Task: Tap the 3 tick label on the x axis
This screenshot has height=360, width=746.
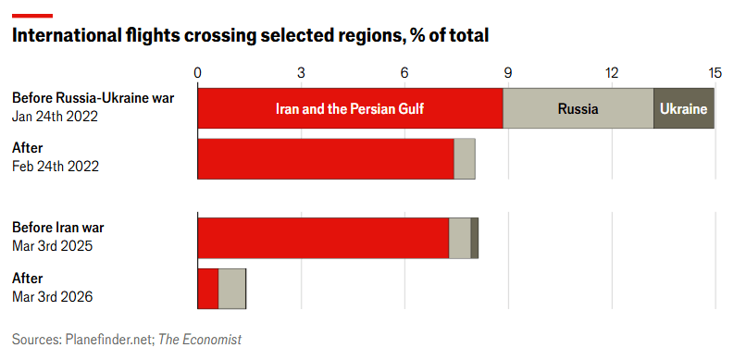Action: [301, 73]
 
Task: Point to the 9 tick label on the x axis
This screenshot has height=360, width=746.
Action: [507, 73]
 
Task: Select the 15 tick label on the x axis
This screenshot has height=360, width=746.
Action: [715, 73]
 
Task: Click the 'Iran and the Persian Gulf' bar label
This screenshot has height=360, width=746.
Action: [350, 109]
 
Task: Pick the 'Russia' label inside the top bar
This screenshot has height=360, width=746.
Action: [578, 109]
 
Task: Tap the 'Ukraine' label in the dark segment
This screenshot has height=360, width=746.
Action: [683, 109]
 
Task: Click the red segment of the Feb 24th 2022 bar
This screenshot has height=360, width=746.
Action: [326, 159]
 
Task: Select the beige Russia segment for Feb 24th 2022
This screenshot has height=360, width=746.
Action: [465, 159]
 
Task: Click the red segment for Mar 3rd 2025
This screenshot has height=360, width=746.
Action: [324, 238]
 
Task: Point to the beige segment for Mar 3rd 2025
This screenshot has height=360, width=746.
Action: [460, 238]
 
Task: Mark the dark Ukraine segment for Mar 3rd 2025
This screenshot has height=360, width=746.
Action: [474, 238]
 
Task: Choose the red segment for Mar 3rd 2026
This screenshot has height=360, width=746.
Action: [208, 289]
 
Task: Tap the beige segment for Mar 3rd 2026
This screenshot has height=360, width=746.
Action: [232, 289]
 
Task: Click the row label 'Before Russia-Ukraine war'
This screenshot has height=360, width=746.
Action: [93, 98]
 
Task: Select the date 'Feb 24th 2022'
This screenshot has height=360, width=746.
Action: [56, 167]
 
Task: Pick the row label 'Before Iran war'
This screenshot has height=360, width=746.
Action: [58, 228]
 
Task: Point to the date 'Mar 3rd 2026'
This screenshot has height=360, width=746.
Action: [53, 297]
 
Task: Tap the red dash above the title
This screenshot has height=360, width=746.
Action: [32, 16]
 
